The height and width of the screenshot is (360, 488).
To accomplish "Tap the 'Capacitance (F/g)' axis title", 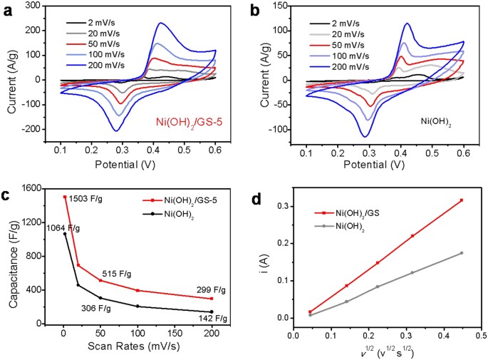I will pos(12,256).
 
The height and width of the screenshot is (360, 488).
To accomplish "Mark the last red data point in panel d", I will pos(462,200).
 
